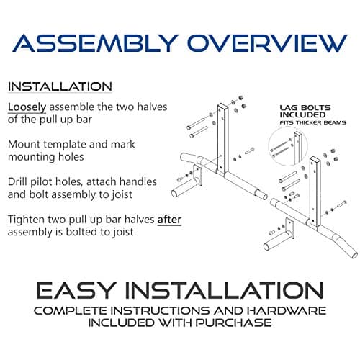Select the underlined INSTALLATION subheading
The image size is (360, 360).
[x=60, y=86]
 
